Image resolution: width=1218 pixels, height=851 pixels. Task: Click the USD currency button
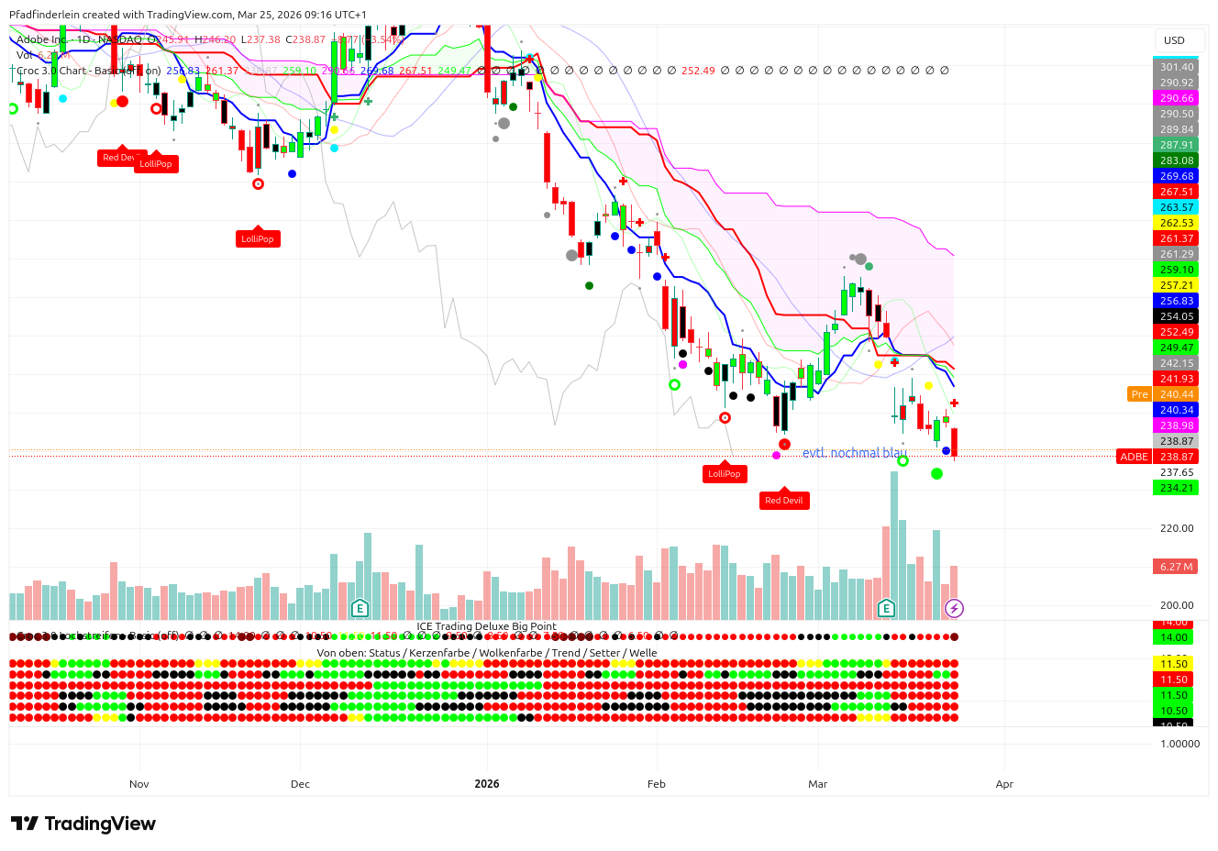pos(1174,40)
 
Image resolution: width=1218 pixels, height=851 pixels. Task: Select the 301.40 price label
pos(1176,67)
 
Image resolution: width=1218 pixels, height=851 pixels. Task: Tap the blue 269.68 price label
pos(1176,176)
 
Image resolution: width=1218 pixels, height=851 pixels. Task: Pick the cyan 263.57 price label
pos(1176,207)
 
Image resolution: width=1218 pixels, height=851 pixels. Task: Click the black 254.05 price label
pos(1176,316)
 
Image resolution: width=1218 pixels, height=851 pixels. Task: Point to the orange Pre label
pos(1139,394)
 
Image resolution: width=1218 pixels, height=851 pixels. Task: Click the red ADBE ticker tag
pos(1135,457)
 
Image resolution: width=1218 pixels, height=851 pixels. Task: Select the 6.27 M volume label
pos(1176,567)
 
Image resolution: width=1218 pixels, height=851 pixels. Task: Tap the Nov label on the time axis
pos(139,784)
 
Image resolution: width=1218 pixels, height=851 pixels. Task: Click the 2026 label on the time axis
pos(487,784)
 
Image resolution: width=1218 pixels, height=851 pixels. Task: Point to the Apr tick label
pos(1004,784)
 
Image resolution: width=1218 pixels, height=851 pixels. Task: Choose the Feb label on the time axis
pos(657,784)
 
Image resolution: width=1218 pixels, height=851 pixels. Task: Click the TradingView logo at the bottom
pos(83,823)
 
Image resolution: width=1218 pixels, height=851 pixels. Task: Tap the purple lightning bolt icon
pos(954,608)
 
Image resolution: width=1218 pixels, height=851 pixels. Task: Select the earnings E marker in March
pos(886,608)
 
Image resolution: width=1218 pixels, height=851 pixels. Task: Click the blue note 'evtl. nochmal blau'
pos(850,453)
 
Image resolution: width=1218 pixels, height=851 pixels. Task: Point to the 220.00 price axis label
pos(1176,528)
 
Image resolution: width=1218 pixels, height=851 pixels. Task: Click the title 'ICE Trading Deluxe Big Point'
pos(486,626)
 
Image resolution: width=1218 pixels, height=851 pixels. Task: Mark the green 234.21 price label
pos(1176,488)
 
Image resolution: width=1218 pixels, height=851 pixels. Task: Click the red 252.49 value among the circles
pos(698,71)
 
